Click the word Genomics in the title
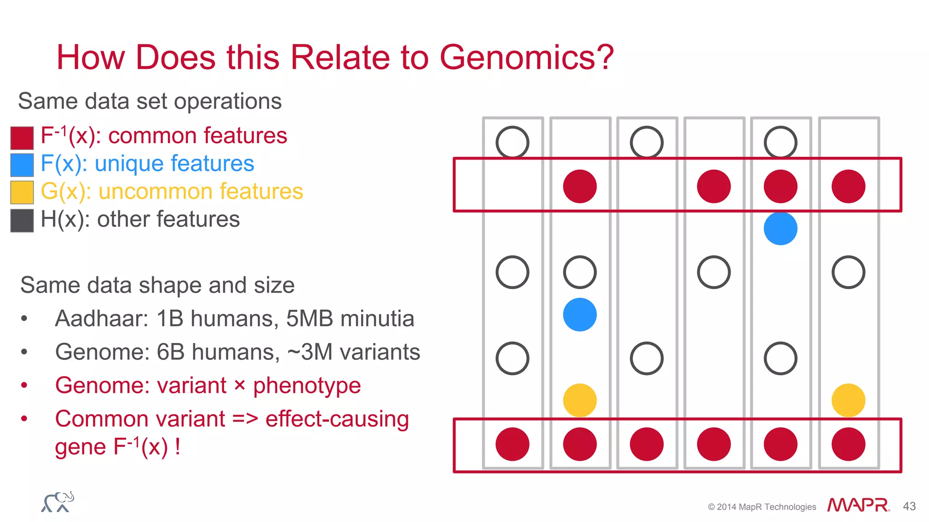coord(526,58)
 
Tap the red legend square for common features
coord(22,138)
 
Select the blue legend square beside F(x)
coord(22,165)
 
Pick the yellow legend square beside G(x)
coord(22,193)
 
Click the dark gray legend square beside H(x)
coord(22,221)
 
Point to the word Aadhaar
coord(101,319)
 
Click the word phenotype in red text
coord(307,386)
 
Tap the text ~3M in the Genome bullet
coord(310,352)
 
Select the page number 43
coord(909,506)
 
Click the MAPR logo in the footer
coord(857,505)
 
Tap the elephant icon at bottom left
coord(58,502)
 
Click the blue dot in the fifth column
coord(780,229)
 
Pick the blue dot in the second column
coord(580,314)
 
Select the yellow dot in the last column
coord(848,400)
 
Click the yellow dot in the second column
coord(580,400)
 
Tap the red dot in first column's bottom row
coord(512,444)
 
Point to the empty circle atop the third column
coord(646,142)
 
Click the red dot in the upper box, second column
coord(580,186)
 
